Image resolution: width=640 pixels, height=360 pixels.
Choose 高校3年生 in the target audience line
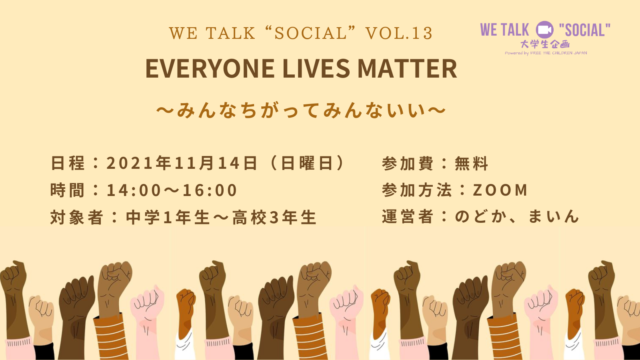tap(274, 216)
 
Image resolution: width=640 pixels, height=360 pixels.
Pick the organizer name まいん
tap(556, 216)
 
